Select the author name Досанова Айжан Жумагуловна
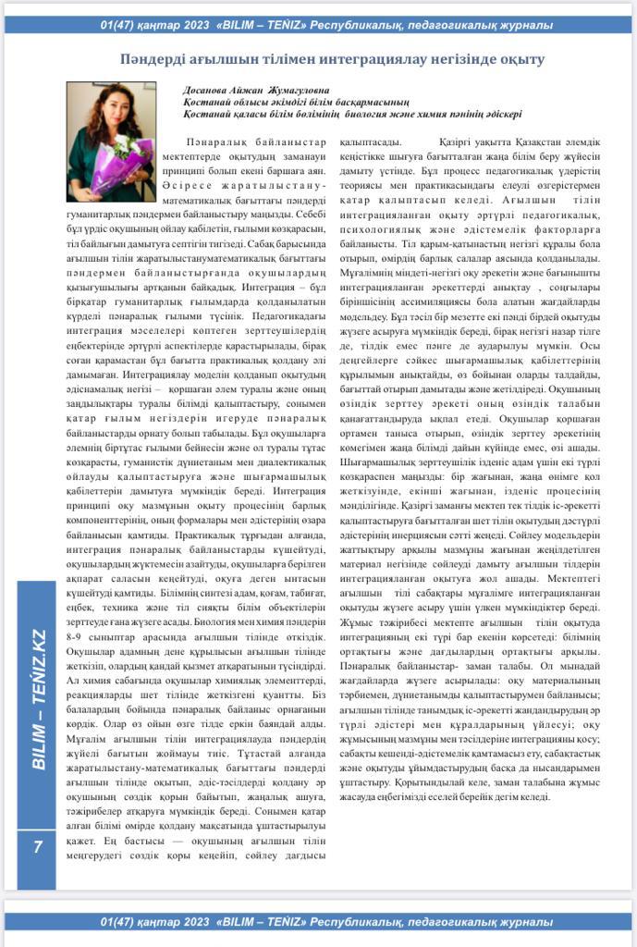250,90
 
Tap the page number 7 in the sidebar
38,846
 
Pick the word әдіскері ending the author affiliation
500,114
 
